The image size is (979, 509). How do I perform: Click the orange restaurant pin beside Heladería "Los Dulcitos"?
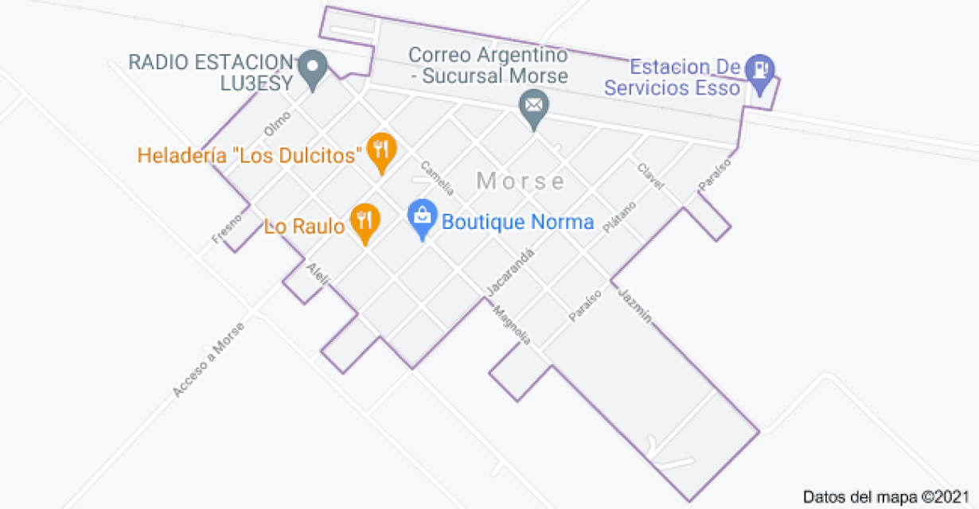[383, 151]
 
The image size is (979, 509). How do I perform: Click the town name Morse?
[521, 181]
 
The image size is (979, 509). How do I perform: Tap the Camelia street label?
[437, 178]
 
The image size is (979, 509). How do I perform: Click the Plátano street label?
[619, 216]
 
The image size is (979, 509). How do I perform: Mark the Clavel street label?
[650, 177]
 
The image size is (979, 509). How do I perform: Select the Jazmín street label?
[634, 304]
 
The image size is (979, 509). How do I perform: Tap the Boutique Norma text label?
[517, 222]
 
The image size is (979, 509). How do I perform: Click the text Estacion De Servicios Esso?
[673, 77]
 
